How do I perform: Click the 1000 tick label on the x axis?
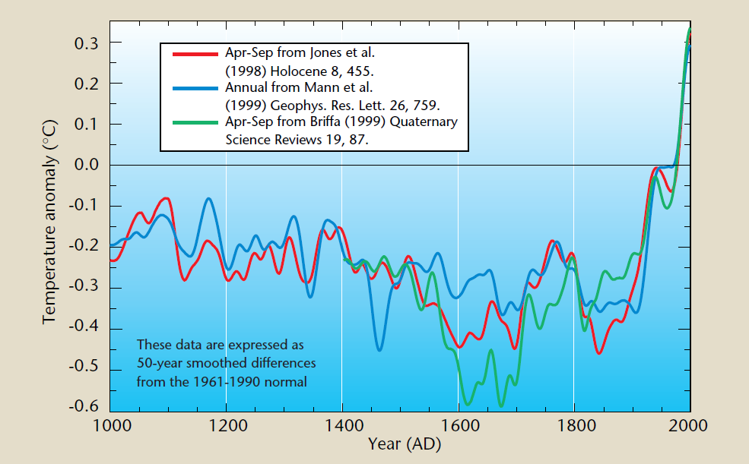(111, 425)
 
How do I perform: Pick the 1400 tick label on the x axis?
(342, 425)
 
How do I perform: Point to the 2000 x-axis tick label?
(690, 425)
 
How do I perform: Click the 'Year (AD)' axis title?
(401, 443)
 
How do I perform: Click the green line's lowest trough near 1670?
(500, 406)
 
